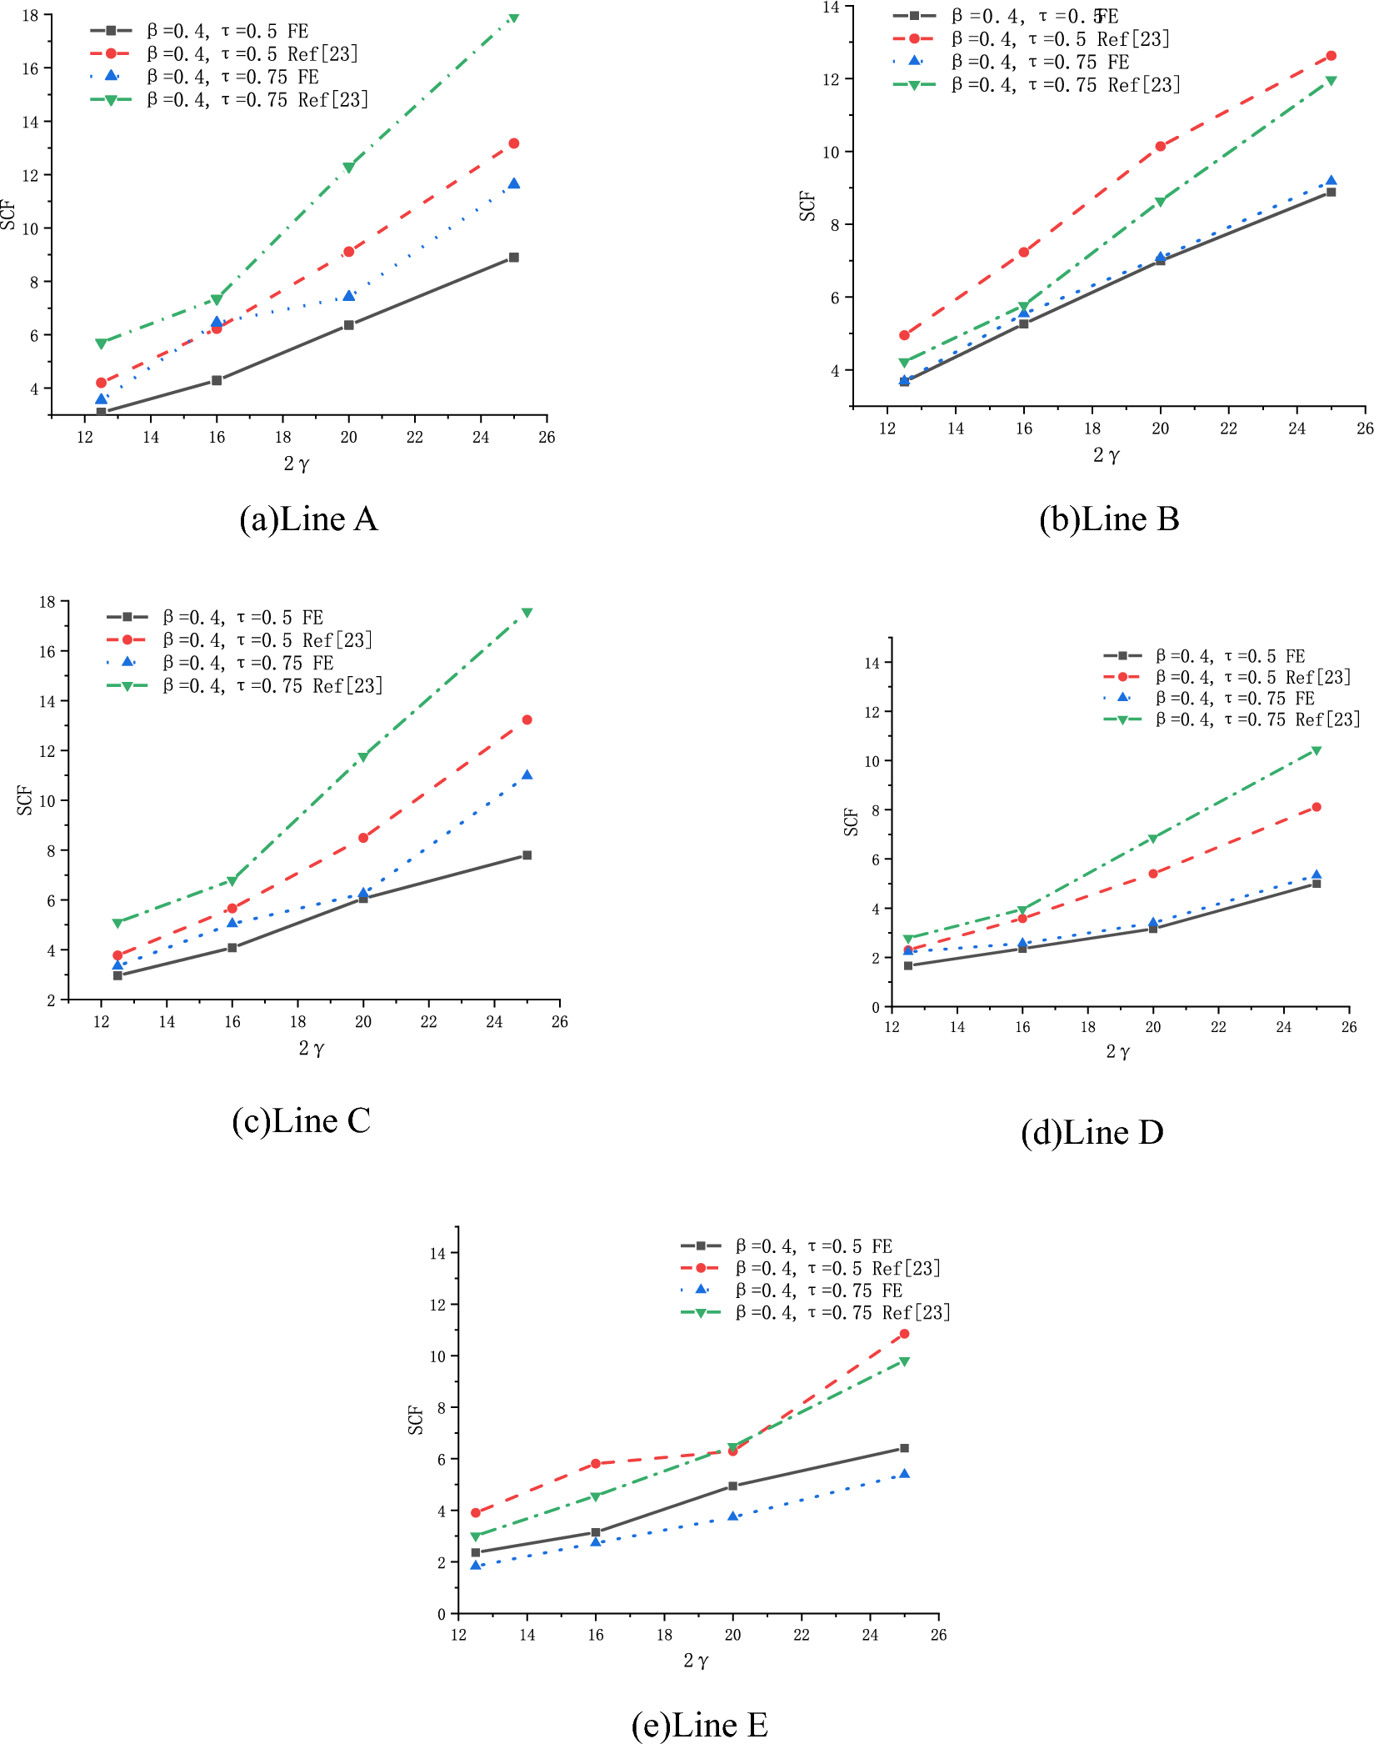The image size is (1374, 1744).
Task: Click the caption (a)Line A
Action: (308, 519)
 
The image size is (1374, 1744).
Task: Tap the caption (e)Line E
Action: (699, 1724)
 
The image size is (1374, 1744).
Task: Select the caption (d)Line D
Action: (1092, 1132)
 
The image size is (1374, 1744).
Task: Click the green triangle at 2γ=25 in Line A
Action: (513, 17)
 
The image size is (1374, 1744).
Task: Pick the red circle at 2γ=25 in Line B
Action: (1331, 56)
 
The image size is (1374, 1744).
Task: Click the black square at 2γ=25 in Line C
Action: (527, 855)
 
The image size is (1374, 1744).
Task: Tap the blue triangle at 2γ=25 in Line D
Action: (1317, 875)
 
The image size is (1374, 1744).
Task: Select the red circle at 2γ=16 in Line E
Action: (596, 1464)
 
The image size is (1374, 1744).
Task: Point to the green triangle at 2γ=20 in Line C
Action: (363, 757)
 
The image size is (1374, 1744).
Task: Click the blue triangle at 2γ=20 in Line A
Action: (349, 295)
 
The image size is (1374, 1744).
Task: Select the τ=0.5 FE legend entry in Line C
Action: (242, 618)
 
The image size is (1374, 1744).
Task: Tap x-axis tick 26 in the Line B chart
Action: (1365, 428)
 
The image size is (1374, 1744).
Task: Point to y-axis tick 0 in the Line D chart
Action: (876, 1007)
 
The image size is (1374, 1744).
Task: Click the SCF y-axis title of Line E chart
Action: (415, 1420)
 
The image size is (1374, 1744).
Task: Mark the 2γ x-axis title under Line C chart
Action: (312, 1048)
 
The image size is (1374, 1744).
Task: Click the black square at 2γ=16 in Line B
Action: (1023, 323)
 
